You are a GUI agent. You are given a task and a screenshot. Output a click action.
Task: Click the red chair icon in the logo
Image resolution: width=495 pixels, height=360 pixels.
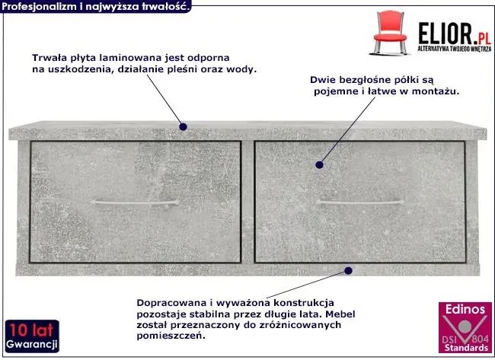[390, 33]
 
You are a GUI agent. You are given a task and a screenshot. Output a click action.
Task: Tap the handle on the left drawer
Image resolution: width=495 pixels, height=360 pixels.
[135, 202]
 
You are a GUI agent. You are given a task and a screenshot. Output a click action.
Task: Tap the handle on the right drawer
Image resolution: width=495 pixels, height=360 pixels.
[360, 202]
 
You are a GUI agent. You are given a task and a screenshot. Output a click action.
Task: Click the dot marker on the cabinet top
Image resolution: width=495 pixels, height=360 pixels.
[183, 127]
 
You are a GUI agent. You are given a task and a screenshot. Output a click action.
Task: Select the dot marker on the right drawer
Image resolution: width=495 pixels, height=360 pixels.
[320, 164]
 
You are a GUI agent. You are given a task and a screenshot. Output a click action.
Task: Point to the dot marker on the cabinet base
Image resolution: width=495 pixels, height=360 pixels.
[349, 271]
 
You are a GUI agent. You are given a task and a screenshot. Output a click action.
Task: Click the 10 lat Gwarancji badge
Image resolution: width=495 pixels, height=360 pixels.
[32, 336]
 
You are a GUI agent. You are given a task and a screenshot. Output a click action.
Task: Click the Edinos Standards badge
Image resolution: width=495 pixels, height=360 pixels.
[465, 327]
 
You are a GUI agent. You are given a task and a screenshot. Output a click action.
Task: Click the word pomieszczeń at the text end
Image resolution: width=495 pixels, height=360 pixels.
[171, 336]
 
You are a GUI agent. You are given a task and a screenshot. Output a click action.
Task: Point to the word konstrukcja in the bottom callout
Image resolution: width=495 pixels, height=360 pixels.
[304, 303]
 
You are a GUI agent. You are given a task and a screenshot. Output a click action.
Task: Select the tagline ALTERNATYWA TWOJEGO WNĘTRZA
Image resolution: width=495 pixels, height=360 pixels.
[455, 49]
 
